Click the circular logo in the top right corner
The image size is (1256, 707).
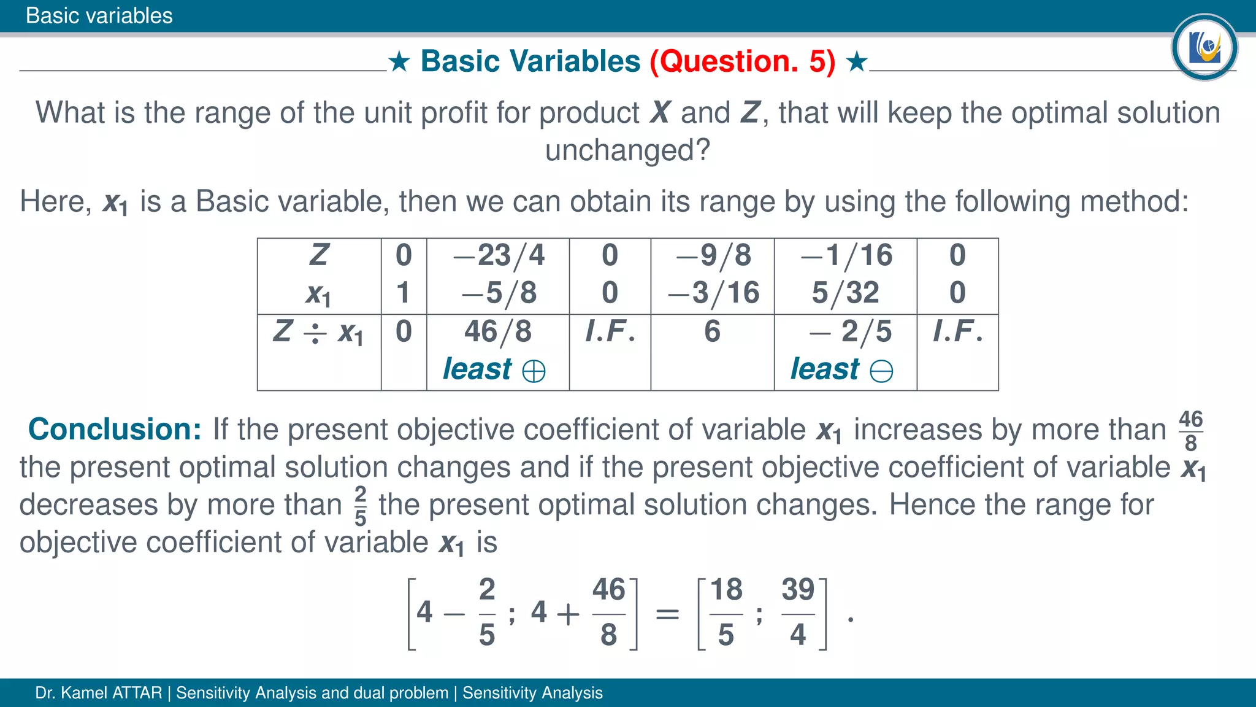pyautogui.click(x=1204, y=47)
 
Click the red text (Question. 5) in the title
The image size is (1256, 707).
pyautogui.click(x=742, y=61)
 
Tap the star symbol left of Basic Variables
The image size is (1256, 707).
pyautogui.click(x=399, y=61)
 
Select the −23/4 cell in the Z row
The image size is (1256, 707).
pyautogui.click(x=499, y=255)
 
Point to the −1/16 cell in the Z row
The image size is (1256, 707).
pyautogui.click(x=846, y=255)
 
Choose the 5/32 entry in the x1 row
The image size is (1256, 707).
pyautogui.click(x=846, y=293)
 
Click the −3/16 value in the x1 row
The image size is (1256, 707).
pyautogui.click(x=713, y=293)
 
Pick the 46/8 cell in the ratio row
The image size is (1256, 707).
pyautogui.click(x=497, y=332)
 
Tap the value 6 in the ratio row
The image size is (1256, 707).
pyautogui.click(x=712, y=332)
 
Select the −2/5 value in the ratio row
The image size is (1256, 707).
pyautogui.click(x=851, y=332)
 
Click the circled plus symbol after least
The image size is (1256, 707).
pyautogui.click(x=534, y=371)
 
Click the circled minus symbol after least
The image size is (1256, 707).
pyautogui.click(x=881, y=371)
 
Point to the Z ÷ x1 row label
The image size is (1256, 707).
pyautogui.click(x=318, y=333)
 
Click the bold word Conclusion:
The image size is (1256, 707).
pyautogui.click(x=115, y=429)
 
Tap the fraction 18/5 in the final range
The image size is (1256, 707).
pyautogui.click(x=726, y=612)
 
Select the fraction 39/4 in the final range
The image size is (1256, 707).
pyautogui.click(x=798, y=612)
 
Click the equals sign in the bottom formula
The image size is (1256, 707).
pyautogui.click(x=667, y=614)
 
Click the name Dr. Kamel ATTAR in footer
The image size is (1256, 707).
pyautogui.click(x=98, y=693)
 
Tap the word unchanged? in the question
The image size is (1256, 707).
pyautogui.click(x=627, y=150)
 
